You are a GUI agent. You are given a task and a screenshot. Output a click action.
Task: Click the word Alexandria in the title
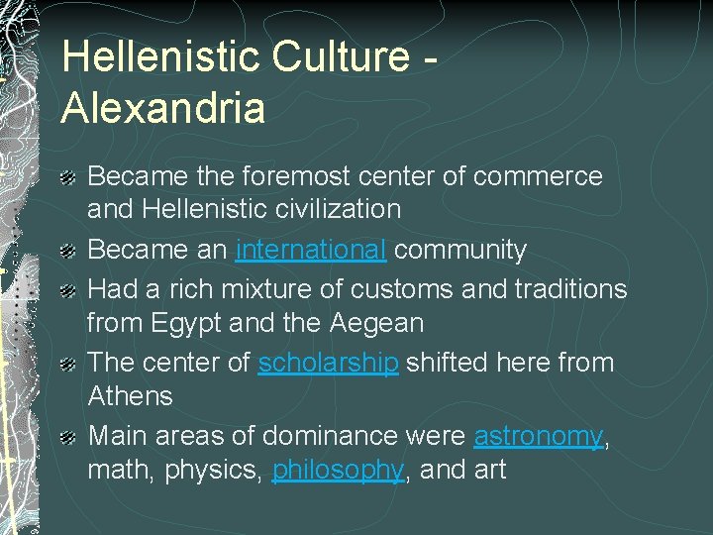click(162, 106)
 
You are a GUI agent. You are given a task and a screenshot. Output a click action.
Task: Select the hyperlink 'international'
click(311, 250)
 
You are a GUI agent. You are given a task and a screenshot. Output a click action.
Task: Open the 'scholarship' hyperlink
click(328, 363)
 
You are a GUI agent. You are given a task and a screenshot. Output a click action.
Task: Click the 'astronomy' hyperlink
click(538, 436)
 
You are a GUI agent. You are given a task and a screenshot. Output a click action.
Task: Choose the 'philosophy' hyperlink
click(338, 470)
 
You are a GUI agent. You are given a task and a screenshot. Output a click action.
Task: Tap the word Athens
click(130, 396)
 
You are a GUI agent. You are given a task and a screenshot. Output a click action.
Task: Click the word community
click(459, 250)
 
